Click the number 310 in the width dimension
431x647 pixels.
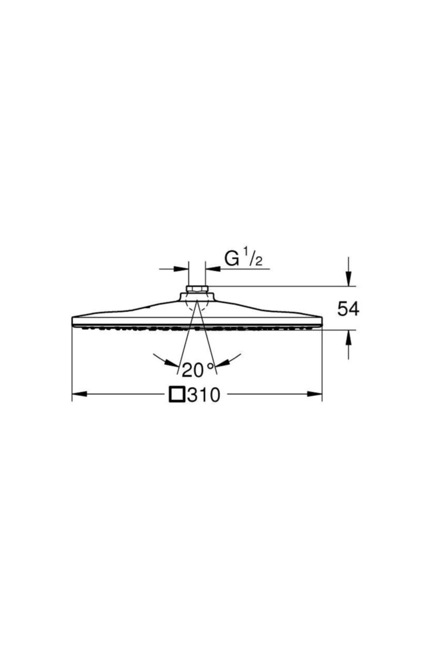(x=203, y=395)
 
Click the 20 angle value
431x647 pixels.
(x=193, y=370)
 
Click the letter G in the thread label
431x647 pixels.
(x=232, y=258)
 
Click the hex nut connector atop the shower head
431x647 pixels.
(x=197, y=289)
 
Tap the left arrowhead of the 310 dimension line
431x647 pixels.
(x=79, y=394)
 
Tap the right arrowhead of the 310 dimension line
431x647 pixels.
(x=315, y=394)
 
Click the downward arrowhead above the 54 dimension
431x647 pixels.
(x=348, y=279)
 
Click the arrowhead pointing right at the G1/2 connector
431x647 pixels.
(x=182, y=269)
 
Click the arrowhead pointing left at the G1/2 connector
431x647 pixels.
(x=213, y=269)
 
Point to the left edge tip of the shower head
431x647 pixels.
(x=73, y=321)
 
